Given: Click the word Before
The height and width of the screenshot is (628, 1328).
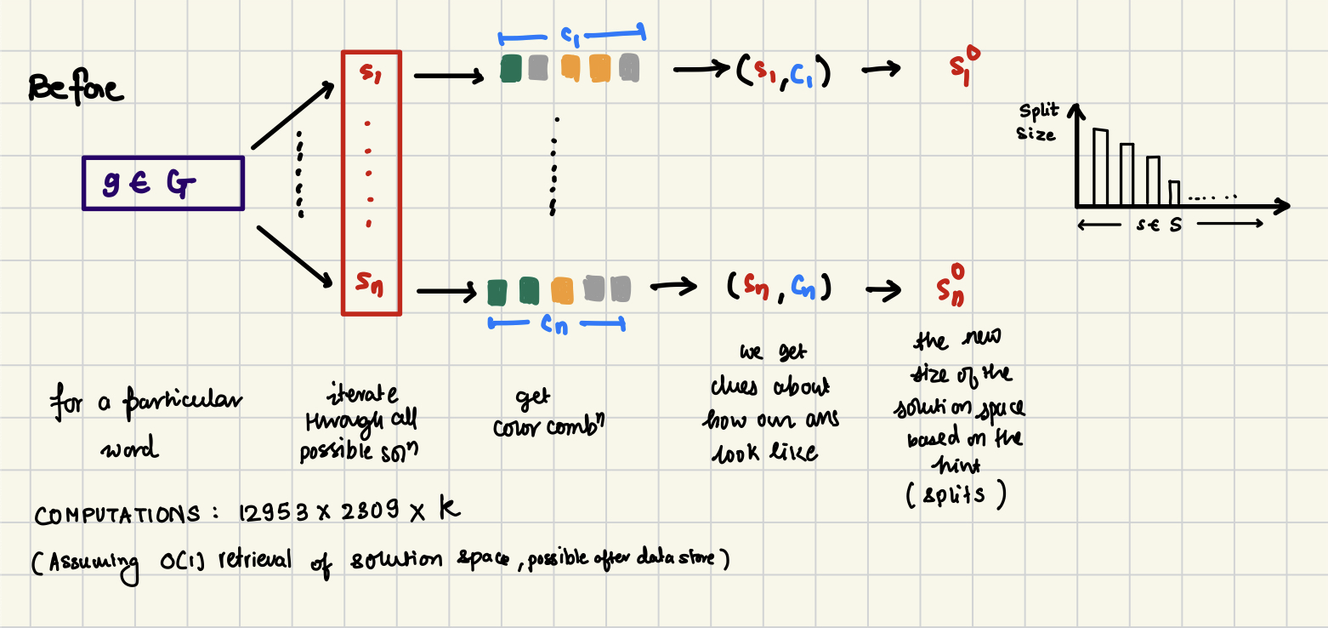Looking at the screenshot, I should click(x=76, y=88).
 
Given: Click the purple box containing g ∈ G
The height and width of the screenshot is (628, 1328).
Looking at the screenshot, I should click(x=163, y=183).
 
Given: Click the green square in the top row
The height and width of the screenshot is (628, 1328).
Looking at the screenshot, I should click(x=511, y=68).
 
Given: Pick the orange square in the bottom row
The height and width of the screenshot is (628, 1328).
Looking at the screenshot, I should click(x=562, y=290).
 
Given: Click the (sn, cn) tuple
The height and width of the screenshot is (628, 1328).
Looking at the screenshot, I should click(x=779, y=288).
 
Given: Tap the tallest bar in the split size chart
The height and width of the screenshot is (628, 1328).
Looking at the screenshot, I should click(x=1100, y=167).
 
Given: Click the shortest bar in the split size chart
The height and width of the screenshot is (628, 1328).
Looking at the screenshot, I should click(x=1174, y=193).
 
